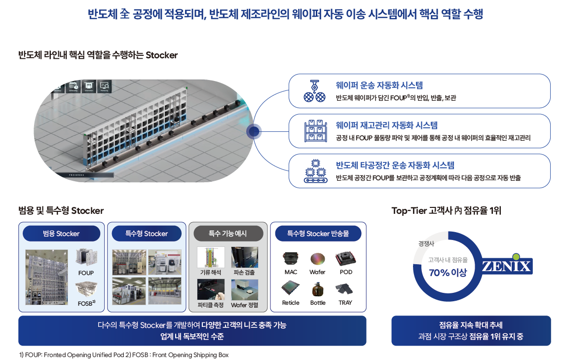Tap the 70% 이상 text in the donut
[448, 272]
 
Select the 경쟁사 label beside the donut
[426, 243]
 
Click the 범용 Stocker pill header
[61, 234]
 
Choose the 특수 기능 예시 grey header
[227, 234]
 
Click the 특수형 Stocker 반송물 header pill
[318, 234]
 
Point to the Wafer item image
[318, 259]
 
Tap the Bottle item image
[318, 289]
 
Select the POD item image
[345, 258]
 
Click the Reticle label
[291, 303]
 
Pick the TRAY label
[345, 303]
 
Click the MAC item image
[291, 258]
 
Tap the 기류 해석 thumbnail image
[211, 257]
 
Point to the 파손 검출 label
[244, 273]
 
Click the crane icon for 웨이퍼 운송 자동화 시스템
[314, 91]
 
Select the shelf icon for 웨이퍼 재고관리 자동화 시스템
[314, 131]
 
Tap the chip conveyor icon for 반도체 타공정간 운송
[314, 171]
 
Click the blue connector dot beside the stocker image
[254, 131]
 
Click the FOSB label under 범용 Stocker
[85, 303]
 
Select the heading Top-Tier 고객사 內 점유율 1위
[446, 211]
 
